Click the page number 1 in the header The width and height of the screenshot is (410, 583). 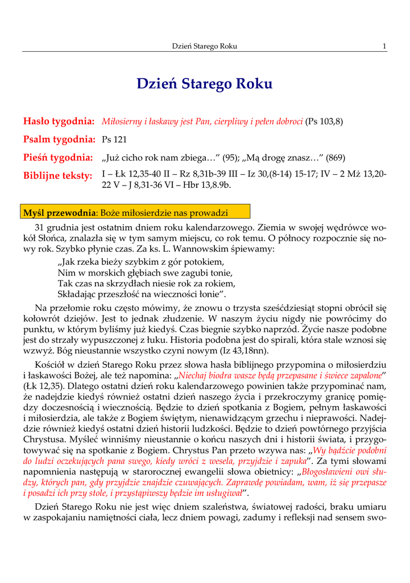tap(385, 46)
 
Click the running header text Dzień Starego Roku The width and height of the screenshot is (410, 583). tap(204, 46)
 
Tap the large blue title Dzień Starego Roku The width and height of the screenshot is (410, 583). tap(205, 84)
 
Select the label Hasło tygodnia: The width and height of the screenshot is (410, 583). tap(59, 121)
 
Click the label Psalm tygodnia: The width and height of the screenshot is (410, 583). tap(58, 139)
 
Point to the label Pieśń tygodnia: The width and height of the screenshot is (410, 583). tap(58, 157)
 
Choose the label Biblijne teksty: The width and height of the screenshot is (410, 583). tap(58, 175)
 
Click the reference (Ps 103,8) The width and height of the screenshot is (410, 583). tap(324, 121)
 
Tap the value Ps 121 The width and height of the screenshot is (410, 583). tap(114, 139)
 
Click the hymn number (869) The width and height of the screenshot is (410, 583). tap(335, 158)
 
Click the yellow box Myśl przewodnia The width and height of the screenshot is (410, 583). tap(135, 213)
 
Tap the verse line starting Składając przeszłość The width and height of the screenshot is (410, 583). tap(142, 294)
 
